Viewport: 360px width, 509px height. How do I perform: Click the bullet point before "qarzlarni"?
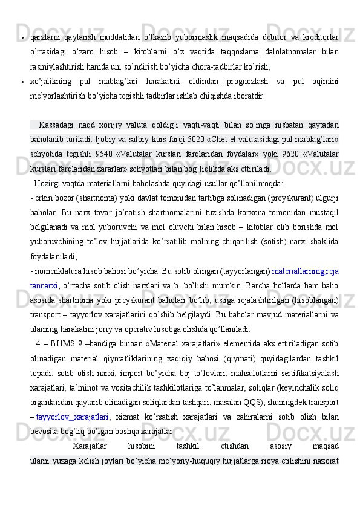(x=22, y=38)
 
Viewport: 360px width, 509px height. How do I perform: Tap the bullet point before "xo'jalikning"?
(x=22, y=82)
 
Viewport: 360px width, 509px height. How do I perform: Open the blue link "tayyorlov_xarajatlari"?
(x=73, y=417)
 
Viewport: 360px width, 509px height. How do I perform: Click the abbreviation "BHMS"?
(x=62, y=344)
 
